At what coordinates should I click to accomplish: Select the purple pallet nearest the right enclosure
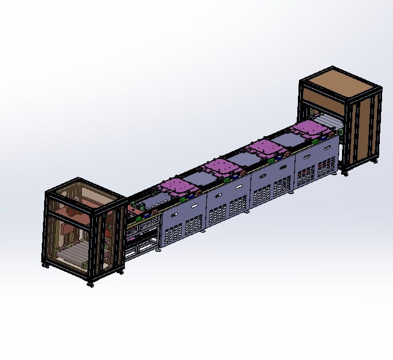tap(310, 129)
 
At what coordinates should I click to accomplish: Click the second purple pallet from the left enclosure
tap(222, 168)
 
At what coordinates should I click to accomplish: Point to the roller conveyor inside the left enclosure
tap(71, 250)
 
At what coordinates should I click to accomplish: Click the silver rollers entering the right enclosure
tap(331, 121)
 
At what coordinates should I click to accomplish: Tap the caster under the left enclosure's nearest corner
tap(90, 284)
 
